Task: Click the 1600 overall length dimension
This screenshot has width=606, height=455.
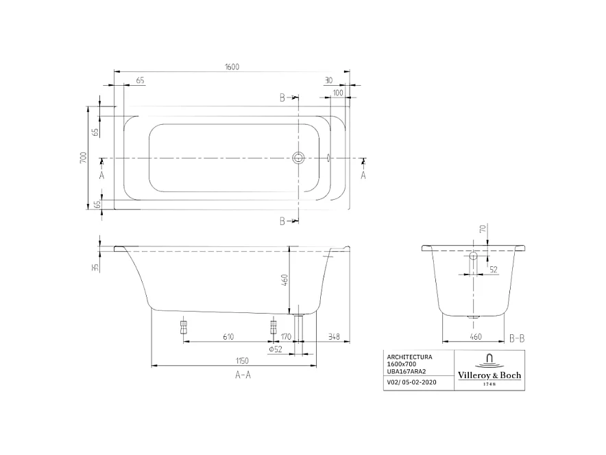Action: (x=232, y=67)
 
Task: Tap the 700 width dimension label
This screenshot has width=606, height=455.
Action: (x=83, y=158)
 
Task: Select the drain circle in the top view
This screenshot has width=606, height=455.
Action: (x=298, y=159)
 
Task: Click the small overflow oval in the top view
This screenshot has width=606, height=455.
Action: (x=329, y=159)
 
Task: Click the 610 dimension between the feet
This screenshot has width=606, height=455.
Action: (x=228, y=336)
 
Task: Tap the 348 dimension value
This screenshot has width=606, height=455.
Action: (x=334, y=336)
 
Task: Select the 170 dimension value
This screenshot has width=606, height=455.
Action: (x=287, y=336)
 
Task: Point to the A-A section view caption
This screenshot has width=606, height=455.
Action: (x=242, y=375)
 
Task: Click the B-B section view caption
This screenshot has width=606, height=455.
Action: (x=517, y=338)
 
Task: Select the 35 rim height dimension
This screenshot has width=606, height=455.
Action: (x=96, y=266)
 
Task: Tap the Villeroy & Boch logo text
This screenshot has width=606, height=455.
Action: (x=489, y=375)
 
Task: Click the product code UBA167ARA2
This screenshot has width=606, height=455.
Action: (x=407, y=371)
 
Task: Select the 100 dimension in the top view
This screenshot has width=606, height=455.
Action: (x=338, y=92)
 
